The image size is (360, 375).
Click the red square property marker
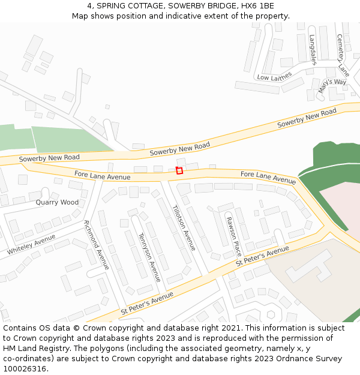[x=179, y=171]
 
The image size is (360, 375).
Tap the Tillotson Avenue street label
[x=184, y=228]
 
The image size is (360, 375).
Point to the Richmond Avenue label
[x=97, y=244]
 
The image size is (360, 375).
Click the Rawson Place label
[x=233, y=236]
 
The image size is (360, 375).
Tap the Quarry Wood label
[x=57, y=203]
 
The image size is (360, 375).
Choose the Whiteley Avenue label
[x=31, y=244]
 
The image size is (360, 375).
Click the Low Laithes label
[x=274, y=77]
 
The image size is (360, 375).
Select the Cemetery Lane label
[x=343, y=54]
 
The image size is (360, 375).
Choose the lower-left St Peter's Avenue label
[x=147, y=304]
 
